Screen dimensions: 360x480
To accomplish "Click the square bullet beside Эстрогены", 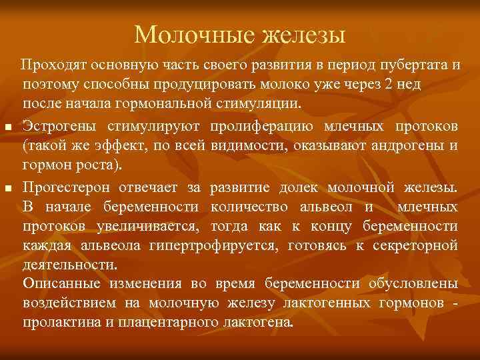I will pyautogui.click(x=7, y=127).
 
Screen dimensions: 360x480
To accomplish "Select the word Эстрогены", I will pyautogui.click(x=59, y=127).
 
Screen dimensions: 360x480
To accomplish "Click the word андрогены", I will pyautogui.click(x=414, y=146).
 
